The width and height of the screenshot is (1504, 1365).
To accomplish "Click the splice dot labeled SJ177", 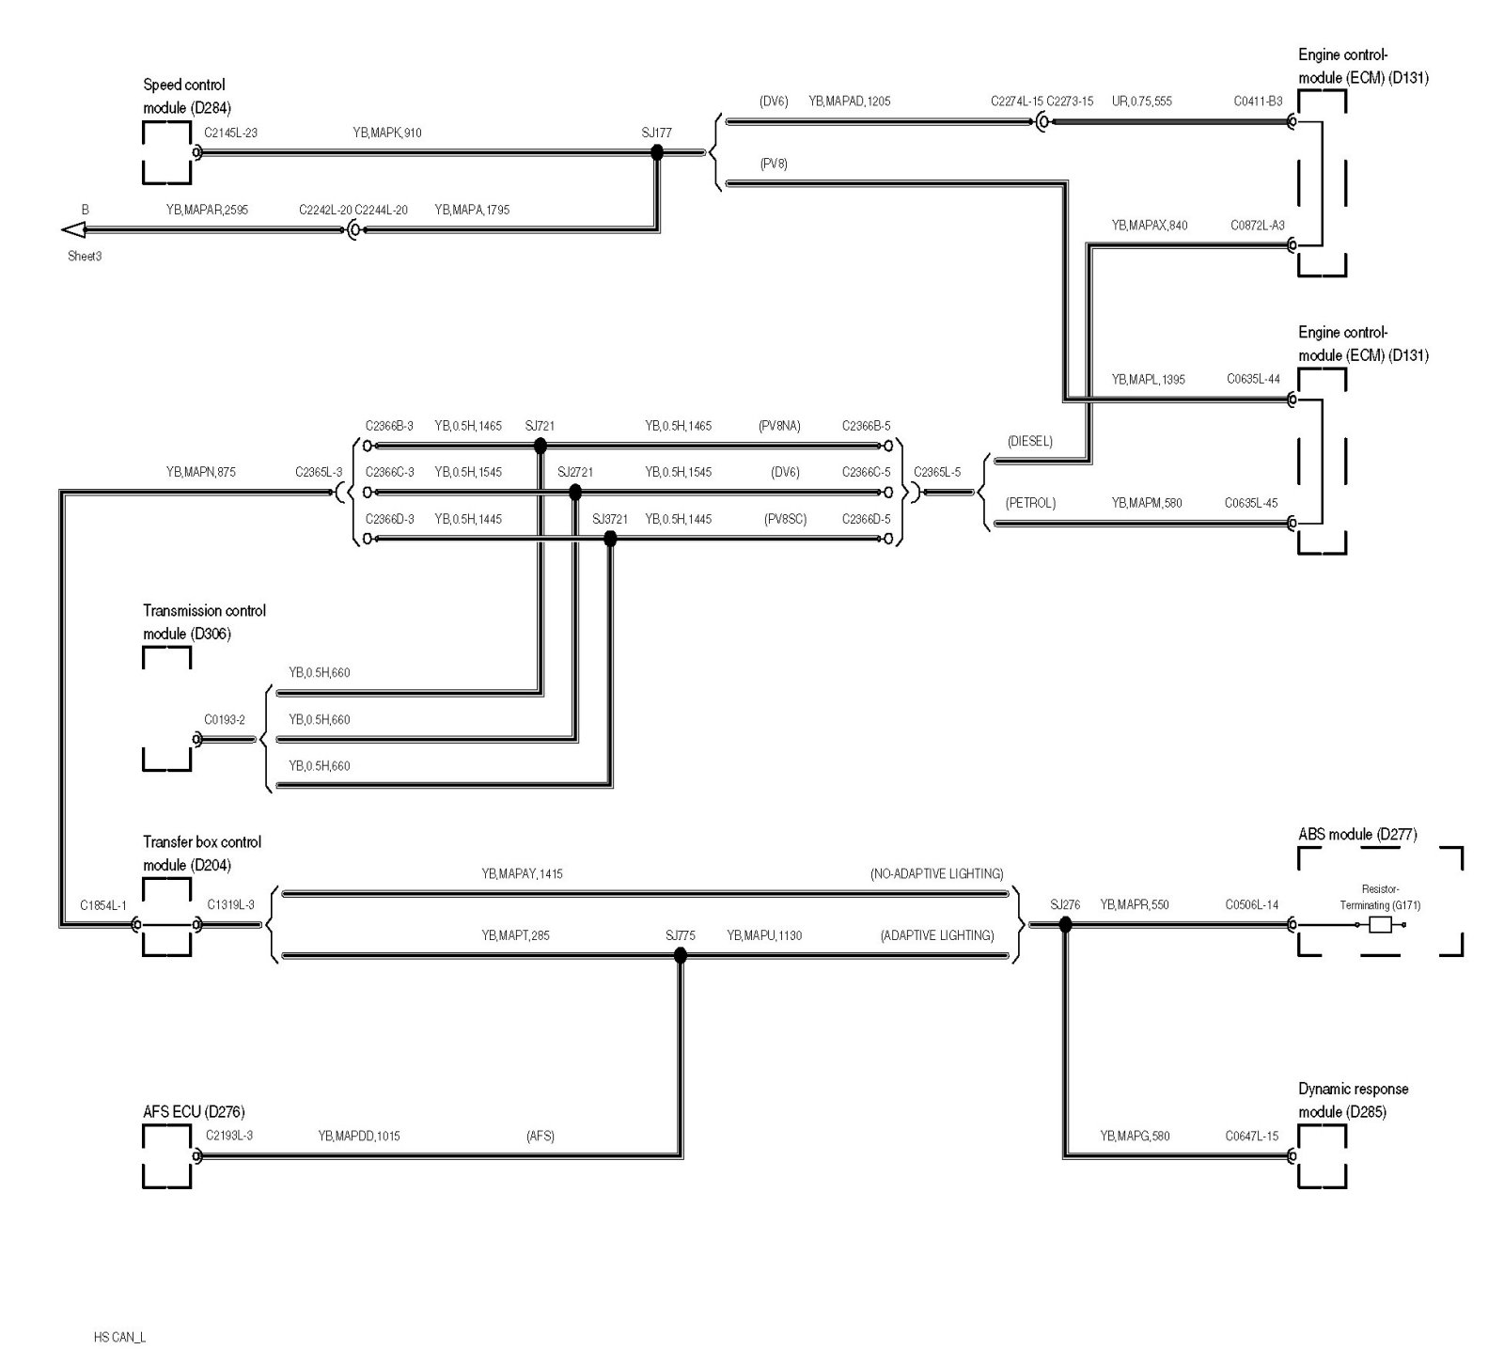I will [657, 152].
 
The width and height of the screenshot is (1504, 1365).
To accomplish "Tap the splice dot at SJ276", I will [1065, 925].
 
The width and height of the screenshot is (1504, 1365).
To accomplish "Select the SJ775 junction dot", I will [680, 956].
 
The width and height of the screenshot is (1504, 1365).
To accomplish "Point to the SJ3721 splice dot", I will [610, 539].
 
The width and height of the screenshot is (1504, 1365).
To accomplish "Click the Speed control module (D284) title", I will [186, 96].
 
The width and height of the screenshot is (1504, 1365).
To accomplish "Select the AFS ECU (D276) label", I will [195, 1112].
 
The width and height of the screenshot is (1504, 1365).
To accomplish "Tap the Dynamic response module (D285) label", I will [1353, 1100].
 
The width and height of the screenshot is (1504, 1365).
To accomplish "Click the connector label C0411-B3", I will [1258, 102].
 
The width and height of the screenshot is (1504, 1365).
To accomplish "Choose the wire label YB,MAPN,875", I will [200, 472].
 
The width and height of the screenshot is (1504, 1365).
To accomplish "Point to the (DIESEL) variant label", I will [1029, 441].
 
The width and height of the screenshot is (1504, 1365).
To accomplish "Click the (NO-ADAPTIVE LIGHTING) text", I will [936, 873].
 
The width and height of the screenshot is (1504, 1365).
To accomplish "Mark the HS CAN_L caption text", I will [119, 1337].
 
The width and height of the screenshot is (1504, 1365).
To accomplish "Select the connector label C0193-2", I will [225, 720].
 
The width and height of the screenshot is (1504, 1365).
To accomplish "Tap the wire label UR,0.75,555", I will [1141, 102].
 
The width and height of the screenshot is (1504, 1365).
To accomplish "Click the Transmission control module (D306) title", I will [204, 622].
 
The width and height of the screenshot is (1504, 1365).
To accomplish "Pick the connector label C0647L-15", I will [1251, 1136].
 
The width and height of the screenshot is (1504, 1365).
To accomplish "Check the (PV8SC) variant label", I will [785, 519].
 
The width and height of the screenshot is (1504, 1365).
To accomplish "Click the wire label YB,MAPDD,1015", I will [358, 1136].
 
